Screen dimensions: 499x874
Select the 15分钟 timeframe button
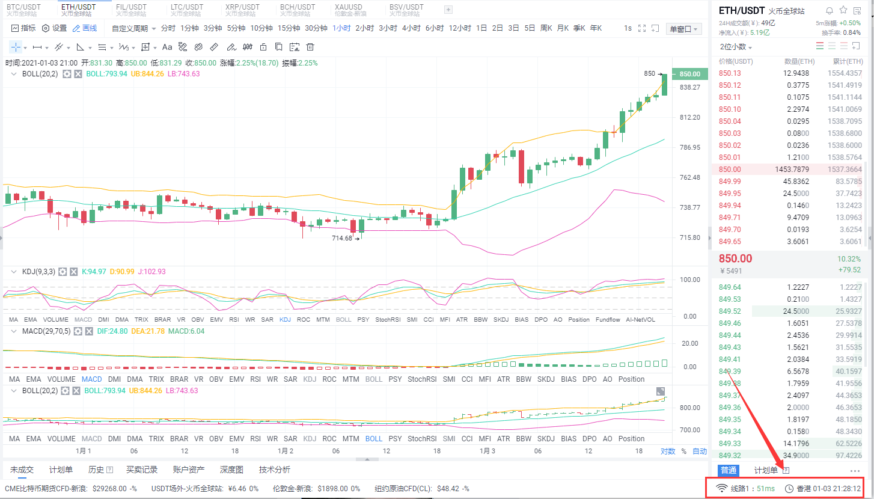288,28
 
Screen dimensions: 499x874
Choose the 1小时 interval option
341,28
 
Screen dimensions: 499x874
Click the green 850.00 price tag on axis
689,74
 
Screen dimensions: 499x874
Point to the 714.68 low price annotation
342,239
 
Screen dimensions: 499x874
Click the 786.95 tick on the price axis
689,147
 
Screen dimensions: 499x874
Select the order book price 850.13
730,73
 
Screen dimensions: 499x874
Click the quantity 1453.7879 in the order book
792,170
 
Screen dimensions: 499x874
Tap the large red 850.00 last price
735,259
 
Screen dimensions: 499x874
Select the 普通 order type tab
729,470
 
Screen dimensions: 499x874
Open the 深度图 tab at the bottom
231,470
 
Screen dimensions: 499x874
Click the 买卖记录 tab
142,470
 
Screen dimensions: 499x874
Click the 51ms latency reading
765,488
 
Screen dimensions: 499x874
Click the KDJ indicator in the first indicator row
285,320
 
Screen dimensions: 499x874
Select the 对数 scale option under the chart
667,451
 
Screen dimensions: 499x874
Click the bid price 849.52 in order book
730,311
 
